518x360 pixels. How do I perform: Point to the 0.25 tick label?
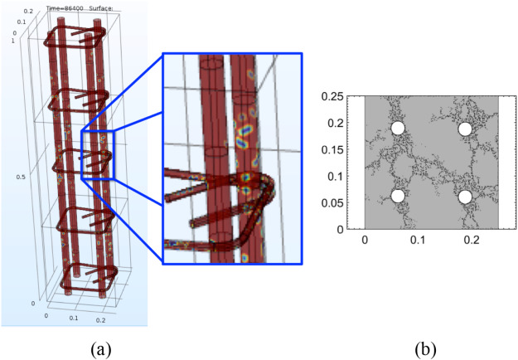pos(333,97)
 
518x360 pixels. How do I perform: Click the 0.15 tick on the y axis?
pos(333,149)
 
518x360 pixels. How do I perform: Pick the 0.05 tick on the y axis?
pos(333,202)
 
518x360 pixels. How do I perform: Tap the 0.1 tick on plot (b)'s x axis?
pos(418,241)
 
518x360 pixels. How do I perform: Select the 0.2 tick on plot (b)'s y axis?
pos(336,123)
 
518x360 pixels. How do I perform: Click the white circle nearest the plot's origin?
pos(398,196)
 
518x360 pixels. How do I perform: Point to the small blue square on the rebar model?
pos(97,153)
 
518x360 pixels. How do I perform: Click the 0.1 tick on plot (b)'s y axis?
pos(336,176)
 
